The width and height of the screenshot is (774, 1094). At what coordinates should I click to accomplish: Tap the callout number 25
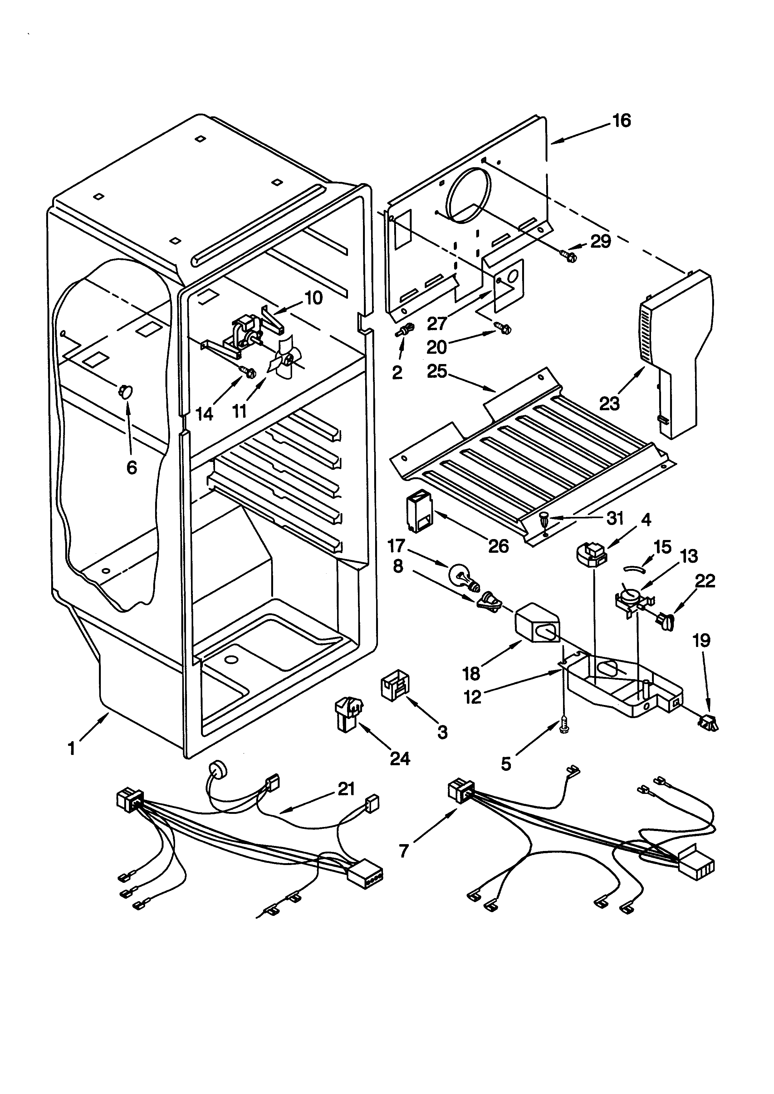[437, 371]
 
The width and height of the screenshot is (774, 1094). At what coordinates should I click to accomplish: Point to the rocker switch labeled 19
[708, 724]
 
